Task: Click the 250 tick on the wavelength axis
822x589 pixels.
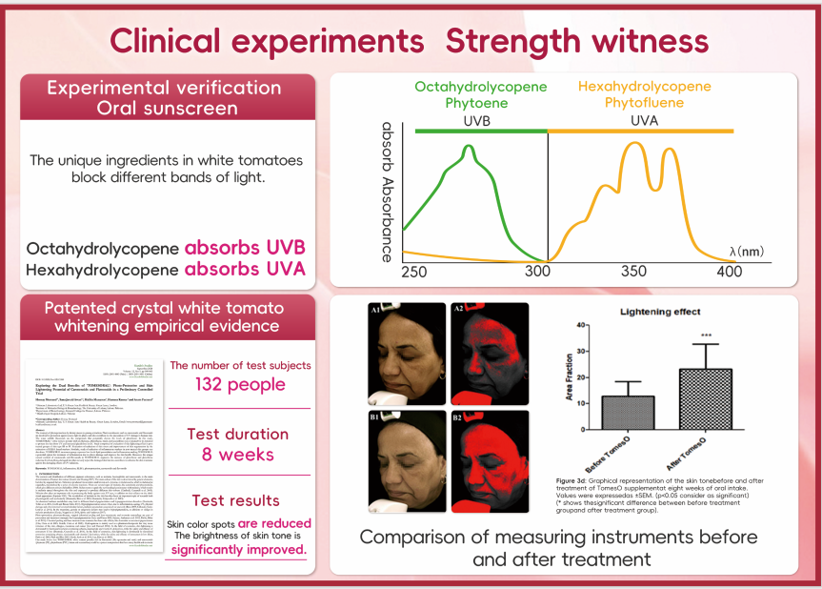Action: [413, 272]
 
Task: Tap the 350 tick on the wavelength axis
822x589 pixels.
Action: [633, 272]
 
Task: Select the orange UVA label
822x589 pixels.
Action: [645, 122]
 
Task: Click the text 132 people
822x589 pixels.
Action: [239, 385]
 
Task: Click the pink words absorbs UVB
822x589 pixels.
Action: [245, 248]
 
